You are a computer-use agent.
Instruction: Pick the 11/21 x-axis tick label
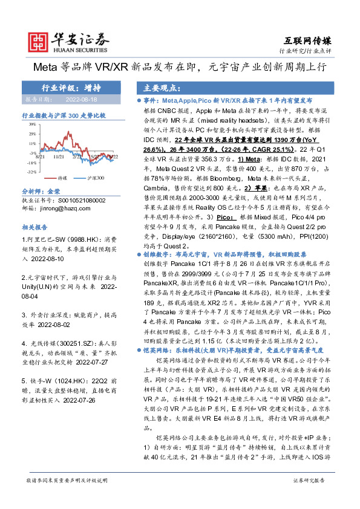[59, 157]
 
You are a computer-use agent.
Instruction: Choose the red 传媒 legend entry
[59, 179]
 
